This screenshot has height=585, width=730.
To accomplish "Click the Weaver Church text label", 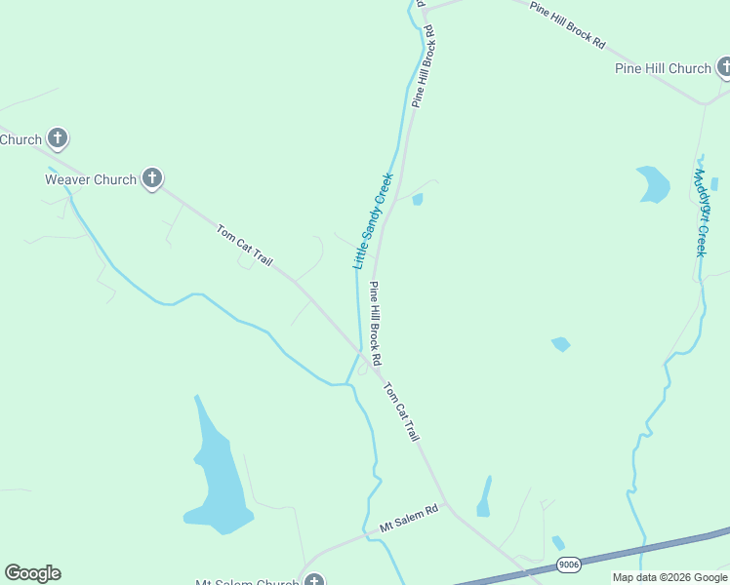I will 91,179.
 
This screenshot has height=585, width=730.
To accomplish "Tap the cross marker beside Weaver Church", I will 151,178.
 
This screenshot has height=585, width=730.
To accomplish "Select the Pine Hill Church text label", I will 663,68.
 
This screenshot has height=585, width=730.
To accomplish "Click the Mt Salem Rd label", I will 411,523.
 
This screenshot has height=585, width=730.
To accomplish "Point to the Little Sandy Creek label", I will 372,221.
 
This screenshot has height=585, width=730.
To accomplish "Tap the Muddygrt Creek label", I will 700,213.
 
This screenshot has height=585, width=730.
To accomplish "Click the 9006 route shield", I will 568,565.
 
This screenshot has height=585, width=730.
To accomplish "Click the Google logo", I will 32,573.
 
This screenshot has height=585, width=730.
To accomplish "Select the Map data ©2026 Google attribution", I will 670,577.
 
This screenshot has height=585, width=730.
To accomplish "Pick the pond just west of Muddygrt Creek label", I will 653,183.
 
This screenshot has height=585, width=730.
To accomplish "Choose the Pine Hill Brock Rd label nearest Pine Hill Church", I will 568,25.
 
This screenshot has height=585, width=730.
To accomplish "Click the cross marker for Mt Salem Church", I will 313,581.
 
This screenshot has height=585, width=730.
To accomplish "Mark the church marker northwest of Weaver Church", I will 58,138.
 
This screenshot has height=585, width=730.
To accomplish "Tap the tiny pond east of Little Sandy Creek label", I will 418,200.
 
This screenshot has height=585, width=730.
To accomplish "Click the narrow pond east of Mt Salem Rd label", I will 484,497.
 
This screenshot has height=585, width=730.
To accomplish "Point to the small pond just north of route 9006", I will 557,543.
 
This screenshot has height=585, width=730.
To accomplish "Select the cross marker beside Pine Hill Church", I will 723,67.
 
